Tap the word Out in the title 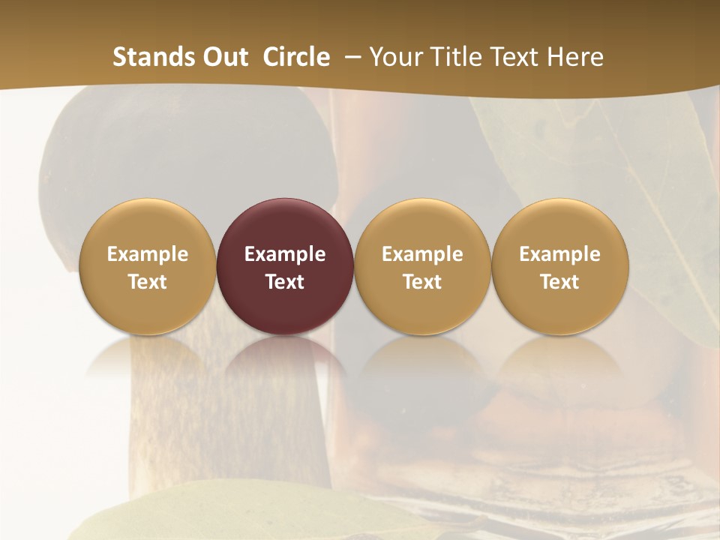[x=223, y=57]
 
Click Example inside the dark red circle [x=285, y=254]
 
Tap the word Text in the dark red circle [x=285, y=282]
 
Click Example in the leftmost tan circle [x=147, y=254]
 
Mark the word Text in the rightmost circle [x=560, y=282]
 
